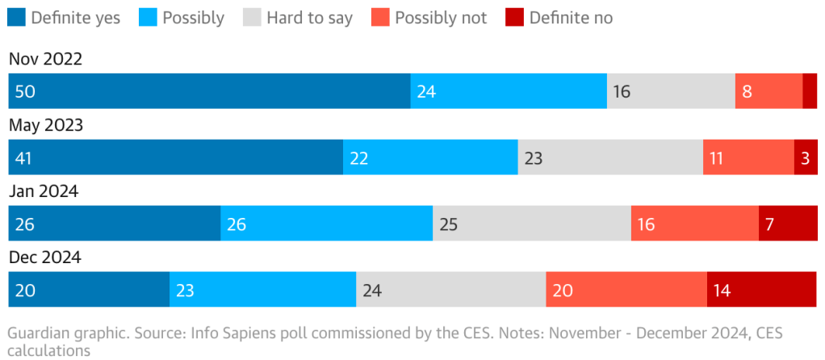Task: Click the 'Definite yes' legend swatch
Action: tap(16, 18)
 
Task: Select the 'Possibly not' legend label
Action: tap(441, 18)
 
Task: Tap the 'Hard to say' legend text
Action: tap(310, 18)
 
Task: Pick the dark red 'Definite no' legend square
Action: tap(513, 18)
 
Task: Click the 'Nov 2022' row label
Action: tap(46, 59)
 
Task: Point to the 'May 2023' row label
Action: tap(46, 125)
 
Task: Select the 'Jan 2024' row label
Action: tap(44, 191)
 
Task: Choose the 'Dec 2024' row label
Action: tap(45, 257)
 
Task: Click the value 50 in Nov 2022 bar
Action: tap(25, 91)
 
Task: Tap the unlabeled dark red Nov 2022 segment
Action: tap(810, 91)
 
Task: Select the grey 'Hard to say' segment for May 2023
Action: tap(610, 157)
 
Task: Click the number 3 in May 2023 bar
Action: tap(805, 157)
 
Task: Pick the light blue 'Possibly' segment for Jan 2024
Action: tap(327, 224)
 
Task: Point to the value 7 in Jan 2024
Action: tap(770, 224)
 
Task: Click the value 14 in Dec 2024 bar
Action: tap(722, 290)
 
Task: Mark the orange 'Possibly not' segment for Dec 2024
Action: tap(626, 290)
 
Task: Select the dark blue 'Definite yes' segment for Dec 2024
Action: tap(89, 290)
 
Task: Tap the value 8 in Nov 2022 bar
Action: tap(747, 91)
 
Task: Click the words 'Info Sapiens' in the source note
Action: tap(234, 333)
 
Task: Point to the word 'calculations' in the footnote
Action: tap(48, 351)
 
